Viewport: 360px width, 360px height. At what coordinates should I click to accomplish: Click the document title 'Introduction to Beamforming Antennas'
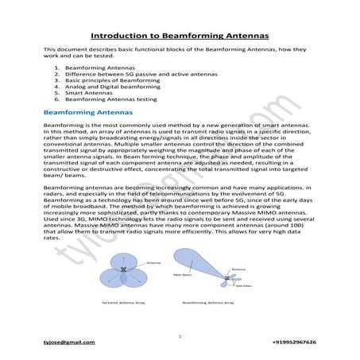tap(180, 36)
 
